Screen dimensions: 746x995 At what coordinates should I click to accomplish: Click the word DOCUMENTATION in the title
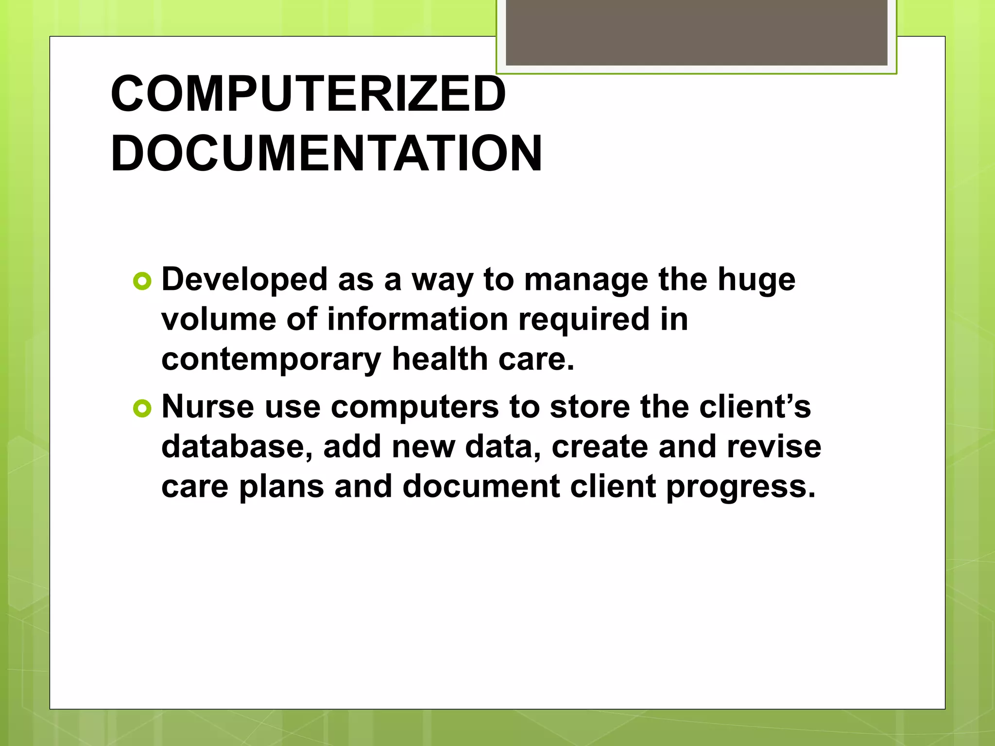tap(326, 153)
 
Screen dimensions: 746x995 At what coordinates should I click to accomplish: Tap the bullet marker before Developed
tap(142, 281)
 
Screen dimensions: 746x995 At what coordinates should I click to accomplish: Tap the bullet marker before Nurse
tap(142, 408)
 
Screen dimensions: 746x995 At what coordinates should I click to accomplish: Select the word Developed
tap(244, 280)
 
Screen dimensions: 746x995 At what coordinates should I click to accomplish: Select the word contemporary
tap(271, 360)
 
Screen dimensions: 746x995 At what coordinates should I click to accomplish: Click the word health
tap(440, 359)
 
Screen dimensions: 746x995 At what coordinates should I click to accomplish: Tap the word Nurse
tap(207, 407)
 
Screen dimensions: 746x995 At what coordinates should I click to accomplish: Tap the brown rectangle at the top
tap(696, 33)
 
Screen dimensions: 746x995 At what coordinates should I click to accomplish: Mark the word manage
tap(585, 280)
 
